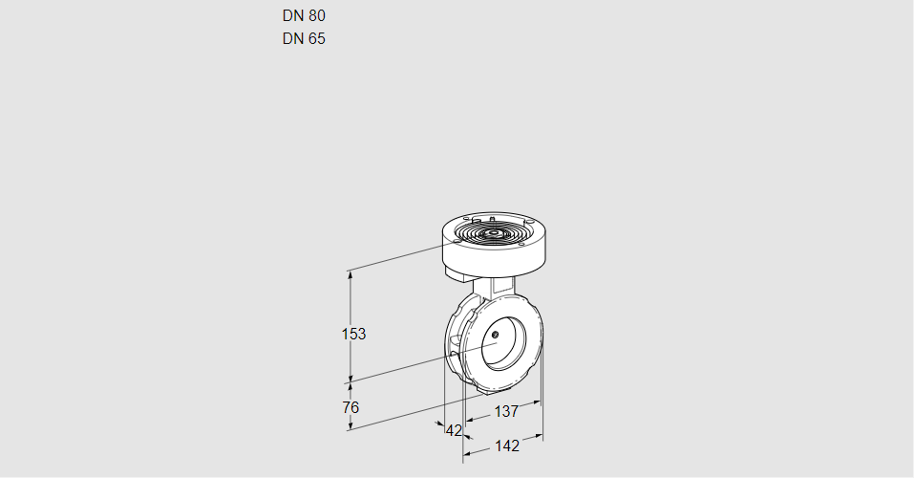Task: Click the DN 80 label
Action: point(304,16)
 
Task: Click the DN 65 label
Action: point(304,39)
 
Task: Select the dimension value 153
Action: point(354,334)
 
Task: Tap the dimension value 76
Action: point(351,407)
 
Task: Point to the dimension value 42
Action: point(454,430)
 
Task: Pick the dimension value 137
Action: point(505,411)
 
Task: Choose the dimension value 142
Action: point(506,445)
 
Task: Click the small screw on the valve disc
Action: point(497,334)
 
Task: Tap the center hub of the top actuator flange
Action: point(493,232)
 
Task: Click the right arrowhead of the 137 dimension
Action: point(539,402)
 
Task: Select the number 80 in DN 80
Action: point(317,16)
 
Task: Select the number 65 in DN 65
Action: point(317,39)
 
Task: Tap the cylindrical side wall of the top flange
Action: point(497,256)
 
